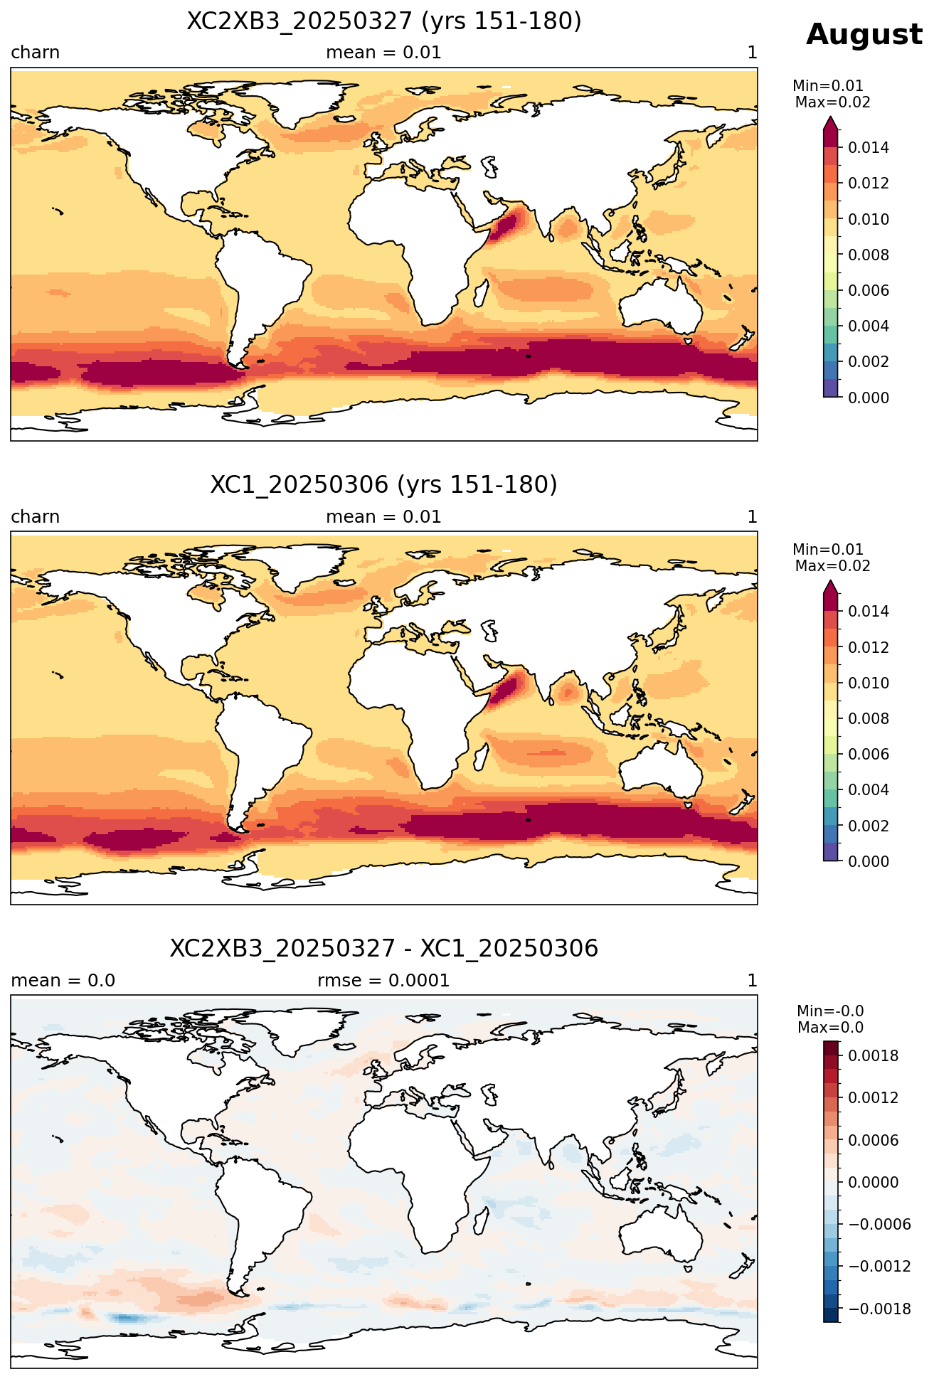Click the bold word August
coord(864,35)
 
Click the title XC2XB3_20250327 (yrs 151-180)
coord(384,21)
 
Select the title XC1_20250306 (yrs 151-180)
coord(384,485)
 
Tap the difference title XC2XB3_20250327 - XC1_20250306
coord(384,949)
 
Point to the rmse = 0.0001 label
coord(383,981)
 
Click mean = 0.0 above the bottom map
coord(63,981)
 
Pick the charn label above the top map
coord(35,53)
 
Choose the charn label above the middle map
coord(35,517)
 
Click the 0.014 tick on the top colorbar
coord(868,148)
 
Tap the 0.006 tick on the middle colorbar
coord(868,754)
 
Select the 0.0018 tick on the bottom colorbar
coord(873,1056)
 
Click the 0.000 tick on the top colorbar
coord(868,398)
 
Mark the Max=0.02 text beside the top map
coord(832,102)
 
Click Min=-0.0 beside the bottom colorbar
coord(830,1011)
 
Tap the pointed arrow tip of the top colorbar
coord(831,118)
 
